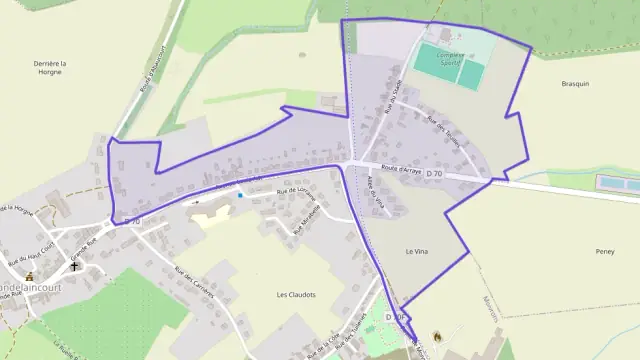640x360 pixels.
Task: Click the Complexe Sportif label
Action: (x=451, y=56)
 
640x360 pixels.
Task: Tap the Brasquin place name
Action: (x=576, y=84)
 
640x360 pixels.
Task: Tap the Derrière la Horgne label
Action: (x=49, y=69)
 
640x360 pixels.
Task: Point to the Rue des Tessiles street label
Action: (x=441, y=132)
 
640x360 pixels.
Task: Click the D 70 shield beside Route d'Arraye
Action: (x=434, y=174)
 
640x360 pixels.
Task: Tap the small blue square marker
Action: (x=240, y=195)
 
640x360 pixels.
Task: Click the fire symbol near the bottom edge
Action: (x=435, y=337)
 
